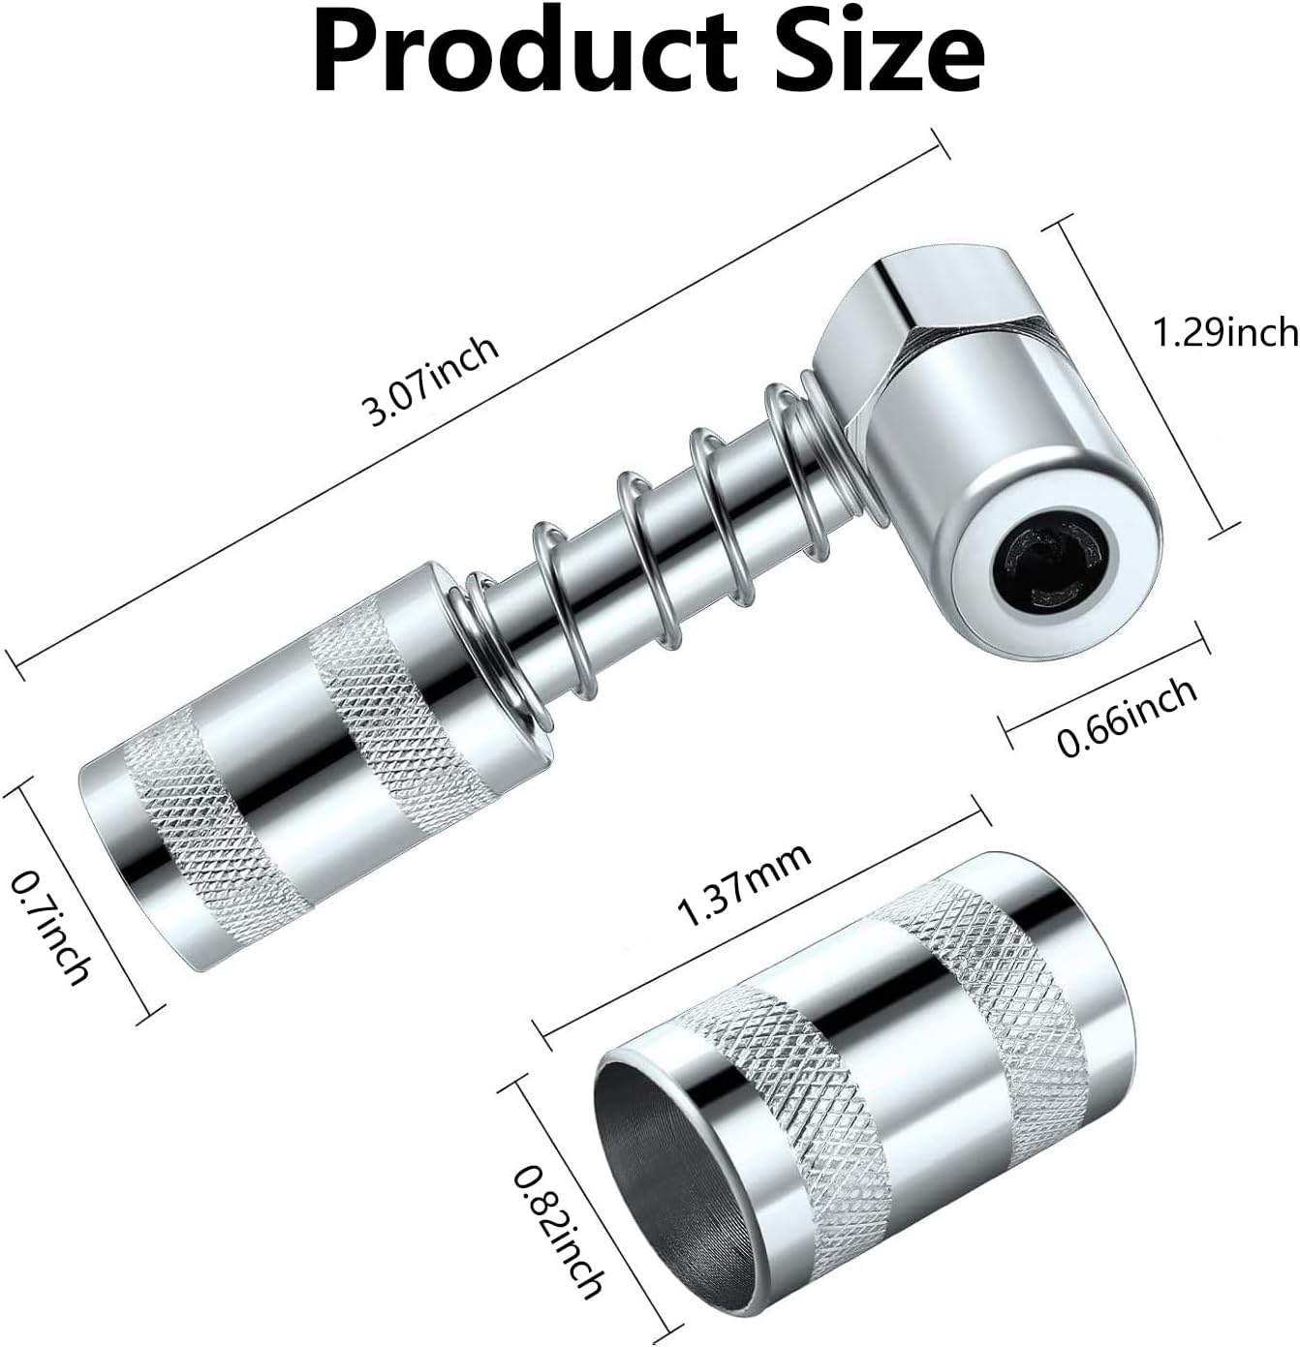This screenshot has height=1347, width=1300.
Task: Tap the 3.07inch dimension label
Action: pos(430,382)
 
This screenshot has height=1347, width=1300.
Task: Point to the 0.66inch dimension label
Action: pos(1127,716)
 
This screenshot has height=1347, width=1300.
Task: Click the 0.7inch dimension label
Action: pos(51,925)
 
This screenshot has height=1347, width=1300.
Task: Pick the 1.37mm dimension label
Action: pos(744,885)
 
